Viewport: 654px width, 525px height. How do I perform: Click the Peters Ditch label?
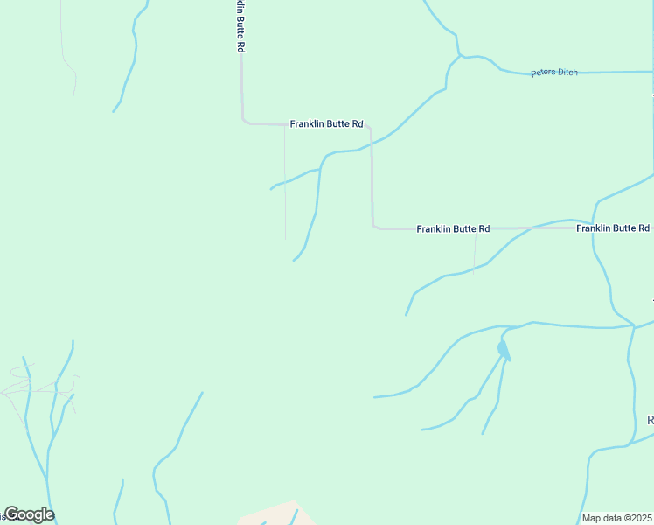point(554,73)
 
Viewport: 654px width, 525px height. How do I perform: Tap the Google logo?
point(29,514)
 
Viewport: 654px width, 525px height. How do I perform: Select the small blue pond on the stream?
point(504,350)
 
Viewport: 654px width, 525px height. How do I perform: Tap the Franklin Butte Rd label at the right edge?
point(612,228)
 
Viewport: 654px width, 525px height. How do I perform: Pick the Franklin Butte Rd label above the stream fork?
point(326,124)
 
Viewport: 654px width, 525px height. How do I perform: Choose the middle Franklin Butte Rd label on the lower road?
point(453,229)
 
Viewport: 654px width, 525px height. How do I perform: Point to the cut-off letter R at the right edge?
point(650,421)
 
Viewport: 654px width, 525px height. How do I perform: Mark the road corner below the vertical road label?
point(243,121)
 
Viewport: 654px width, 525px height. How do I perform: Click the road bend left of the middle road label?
point(374,227)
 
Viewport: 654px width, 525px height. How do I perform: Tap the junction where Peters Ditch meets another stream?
point(460,58)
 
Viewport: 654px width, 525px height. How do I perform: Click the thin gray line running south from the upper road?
point(284,184)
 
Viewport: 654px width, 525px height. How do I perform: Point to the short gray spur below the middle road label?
point(474,254)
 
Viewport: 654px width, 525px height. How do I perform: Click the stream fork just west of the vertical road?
point(320,166)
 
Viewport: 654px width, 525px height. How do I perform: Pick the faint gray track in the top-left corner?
point(66,52)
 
